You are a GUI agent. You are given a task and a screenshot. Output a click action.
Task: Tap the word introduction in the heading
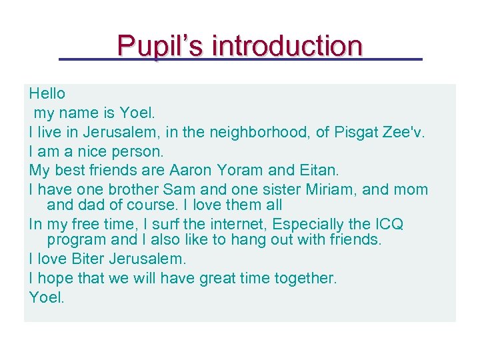(287, 46)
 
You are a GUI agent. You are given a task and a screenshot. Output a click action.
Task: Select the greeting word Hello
(47, 93)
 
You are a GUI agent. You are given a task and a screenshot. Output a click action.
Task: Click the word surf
(144, 224)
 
